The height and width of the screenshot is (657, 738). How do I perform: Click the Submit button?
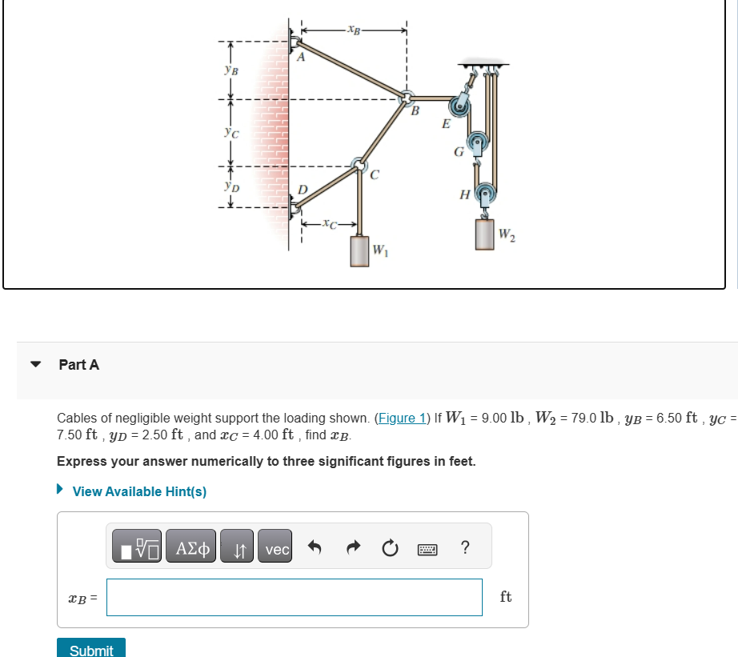point(91,648)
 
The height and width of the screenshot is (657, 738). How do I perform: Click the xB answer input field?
point(294,597)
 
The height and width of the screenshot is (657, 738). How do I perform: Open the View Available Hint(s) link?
point(138,491)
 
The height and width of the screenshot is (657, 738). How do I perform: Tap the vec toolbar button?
point(277,550)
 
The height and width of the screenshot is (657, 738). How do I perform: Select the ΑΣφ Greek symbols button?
point(192,550)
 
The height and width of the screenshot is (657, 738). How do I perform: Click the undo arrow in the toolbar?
point(315,550)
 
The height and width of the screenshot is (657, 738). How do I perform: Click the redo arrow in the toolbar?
point(352,550)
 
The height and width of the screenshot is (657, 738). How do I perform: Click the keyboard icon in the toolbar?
point(428,550)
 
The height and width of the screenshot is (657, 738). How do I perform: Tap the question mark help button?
point(465,548)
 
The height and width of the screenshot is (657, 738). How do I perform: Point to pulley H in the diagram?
point(484,194)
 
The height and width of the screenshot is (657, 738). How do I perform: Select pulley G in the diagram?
point(478,144)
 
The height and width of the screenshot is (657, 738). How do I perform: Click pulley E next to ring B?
point(460,105)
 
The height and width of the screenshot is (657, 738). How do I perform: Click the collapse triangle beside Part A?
point(35,364)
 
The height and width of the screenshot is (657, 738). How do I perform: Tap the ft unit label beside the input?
point(506,597)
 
